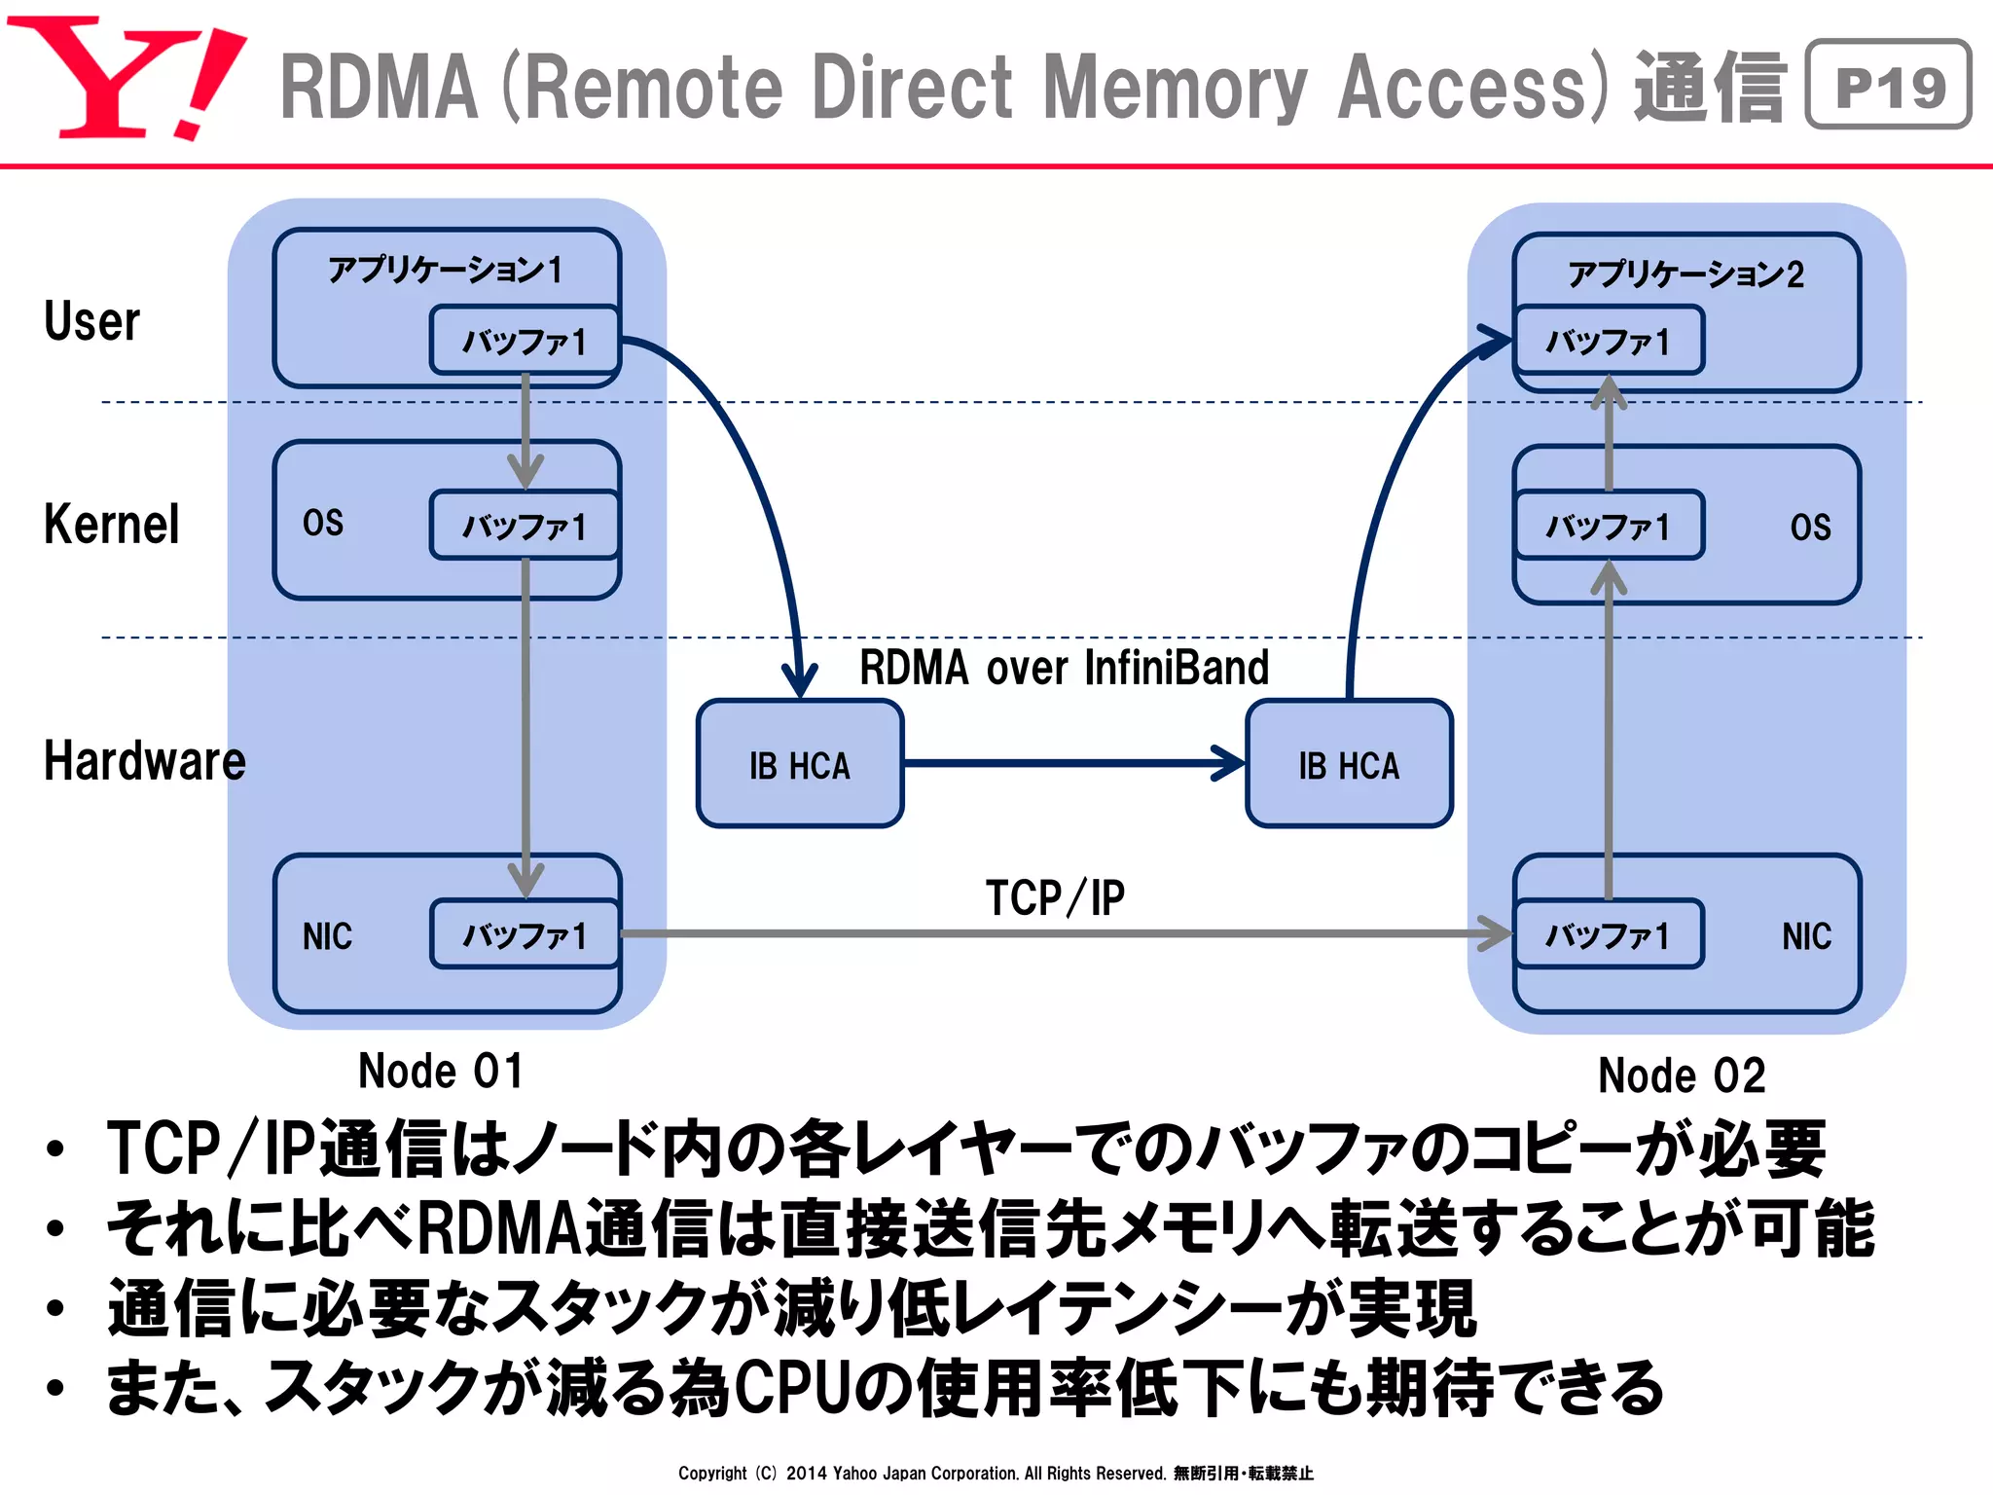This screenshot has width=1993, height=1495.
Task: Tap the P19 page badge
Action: click(x=1888, y=86)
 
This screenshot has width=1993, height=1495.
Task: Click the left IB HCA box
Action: click(x=800, y=764)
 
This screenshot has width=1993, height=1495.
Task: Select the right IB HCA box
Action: click(x=1349, y=764)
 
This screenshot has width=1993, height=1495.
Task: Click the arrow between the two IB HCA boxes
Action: click(x=1070, y=763)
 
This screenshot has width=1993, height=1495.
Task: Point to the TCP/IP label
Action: click(x=1055, y=897)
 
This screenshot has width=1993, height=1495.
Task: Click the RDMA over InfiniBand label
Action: click(x=1064, y=669)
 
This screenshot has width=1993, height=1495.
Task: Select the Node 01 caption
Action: click(x=441, y=1072)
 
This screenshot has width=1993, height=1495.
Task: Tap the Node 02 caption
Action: click(x=1682, y=1076)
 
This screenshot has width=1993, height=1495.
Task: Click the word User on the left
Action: click(x=91, y=321)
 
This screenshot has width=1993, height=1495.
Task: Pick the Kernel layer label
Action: click(x=111, y=525)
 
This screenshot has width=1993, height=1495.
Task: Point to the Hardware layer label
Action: click(x=144, y=761)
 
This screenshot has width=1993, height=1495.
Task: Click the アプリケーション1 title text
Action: click(x=446, y=270)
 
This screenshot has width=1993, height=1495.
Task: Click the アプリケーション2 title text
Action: click(x=1685, y=274)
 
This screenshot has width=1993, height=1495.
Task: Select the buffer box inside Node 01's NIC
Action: click(x=525, y=935)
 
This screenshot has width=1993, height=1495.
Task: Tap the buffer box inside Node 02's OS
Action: click(x=1608, y=527)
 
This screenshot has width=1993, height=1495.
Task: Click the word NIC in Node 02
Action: click(x=1806, y=936)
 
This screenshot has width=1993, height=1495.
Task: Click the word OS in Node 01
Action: click(x=322, y=523)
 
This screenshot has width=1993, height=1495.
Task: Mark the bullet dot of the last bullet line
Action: click(x=55, y=1386)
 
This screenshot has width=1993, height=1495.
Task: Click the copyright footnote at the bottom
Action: click(x=995, y=1473)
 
